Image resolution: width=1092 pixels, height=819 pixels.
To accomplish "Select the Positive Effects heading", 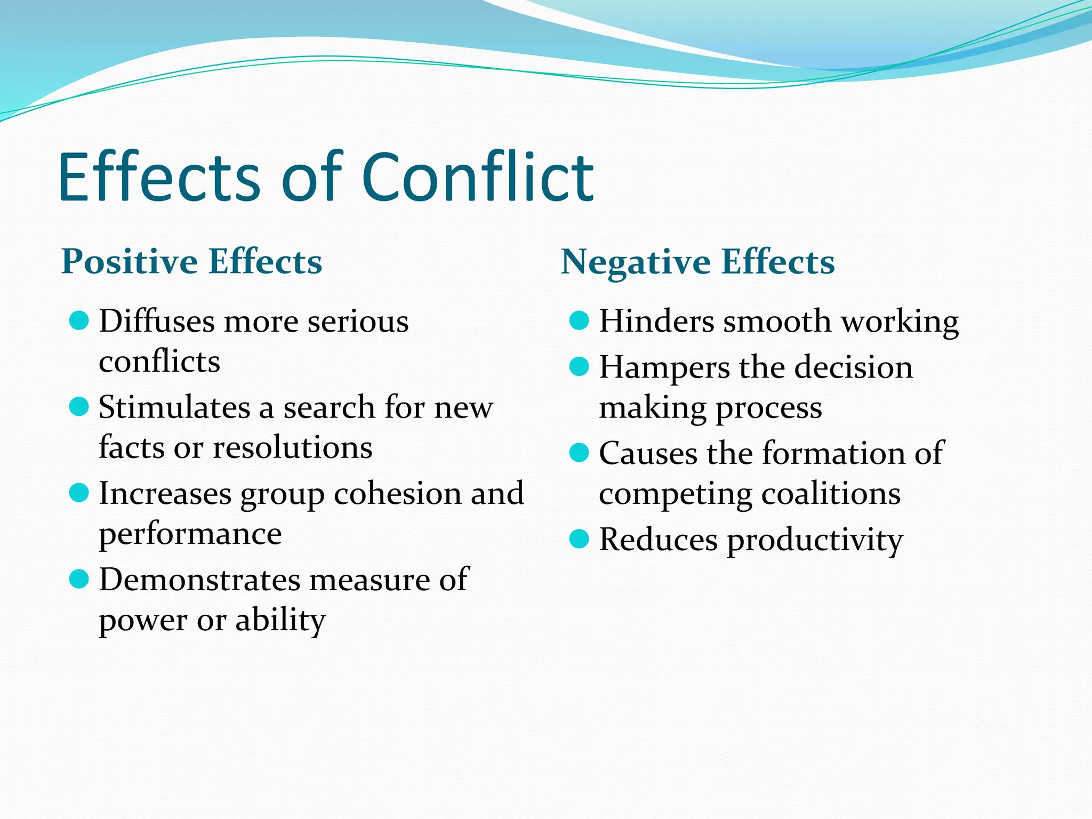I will (192, 261).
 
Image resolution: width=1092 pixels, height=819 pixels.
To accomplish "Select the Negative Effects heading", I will (698, 262).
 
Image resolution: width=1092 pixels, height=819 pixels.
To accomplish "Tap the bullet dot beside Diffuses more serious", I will (79, 321).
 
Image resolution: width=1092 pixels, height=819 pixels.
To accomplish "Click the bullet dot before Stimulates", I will (79, 407).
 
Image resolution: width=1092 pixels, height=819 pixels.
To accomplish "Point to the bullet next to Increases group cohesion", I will (79, 493).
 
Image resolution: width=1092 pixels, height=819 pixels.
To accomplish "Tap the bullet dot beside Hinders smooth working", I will (579, 321).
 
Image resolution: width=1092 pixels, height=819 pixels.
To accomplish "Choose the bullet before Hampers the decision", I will (579, 367).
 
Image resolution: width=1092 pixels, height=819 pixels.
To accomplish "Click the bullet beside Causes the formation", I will (579, 453).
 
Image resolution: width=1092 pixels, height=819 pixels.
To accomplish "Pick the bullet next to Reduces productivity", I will (579, 539).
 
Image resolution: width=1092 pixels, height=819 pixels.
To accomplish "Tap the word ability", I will (280, 621).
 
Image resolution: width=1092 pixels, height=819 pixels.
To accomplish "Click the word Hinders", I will (656, 321).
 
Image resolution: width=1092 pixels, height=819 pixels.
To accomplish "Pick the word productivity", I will (815, 541).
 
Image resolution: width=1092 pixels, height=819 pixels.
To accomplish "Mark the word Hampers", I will (664, 368).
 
